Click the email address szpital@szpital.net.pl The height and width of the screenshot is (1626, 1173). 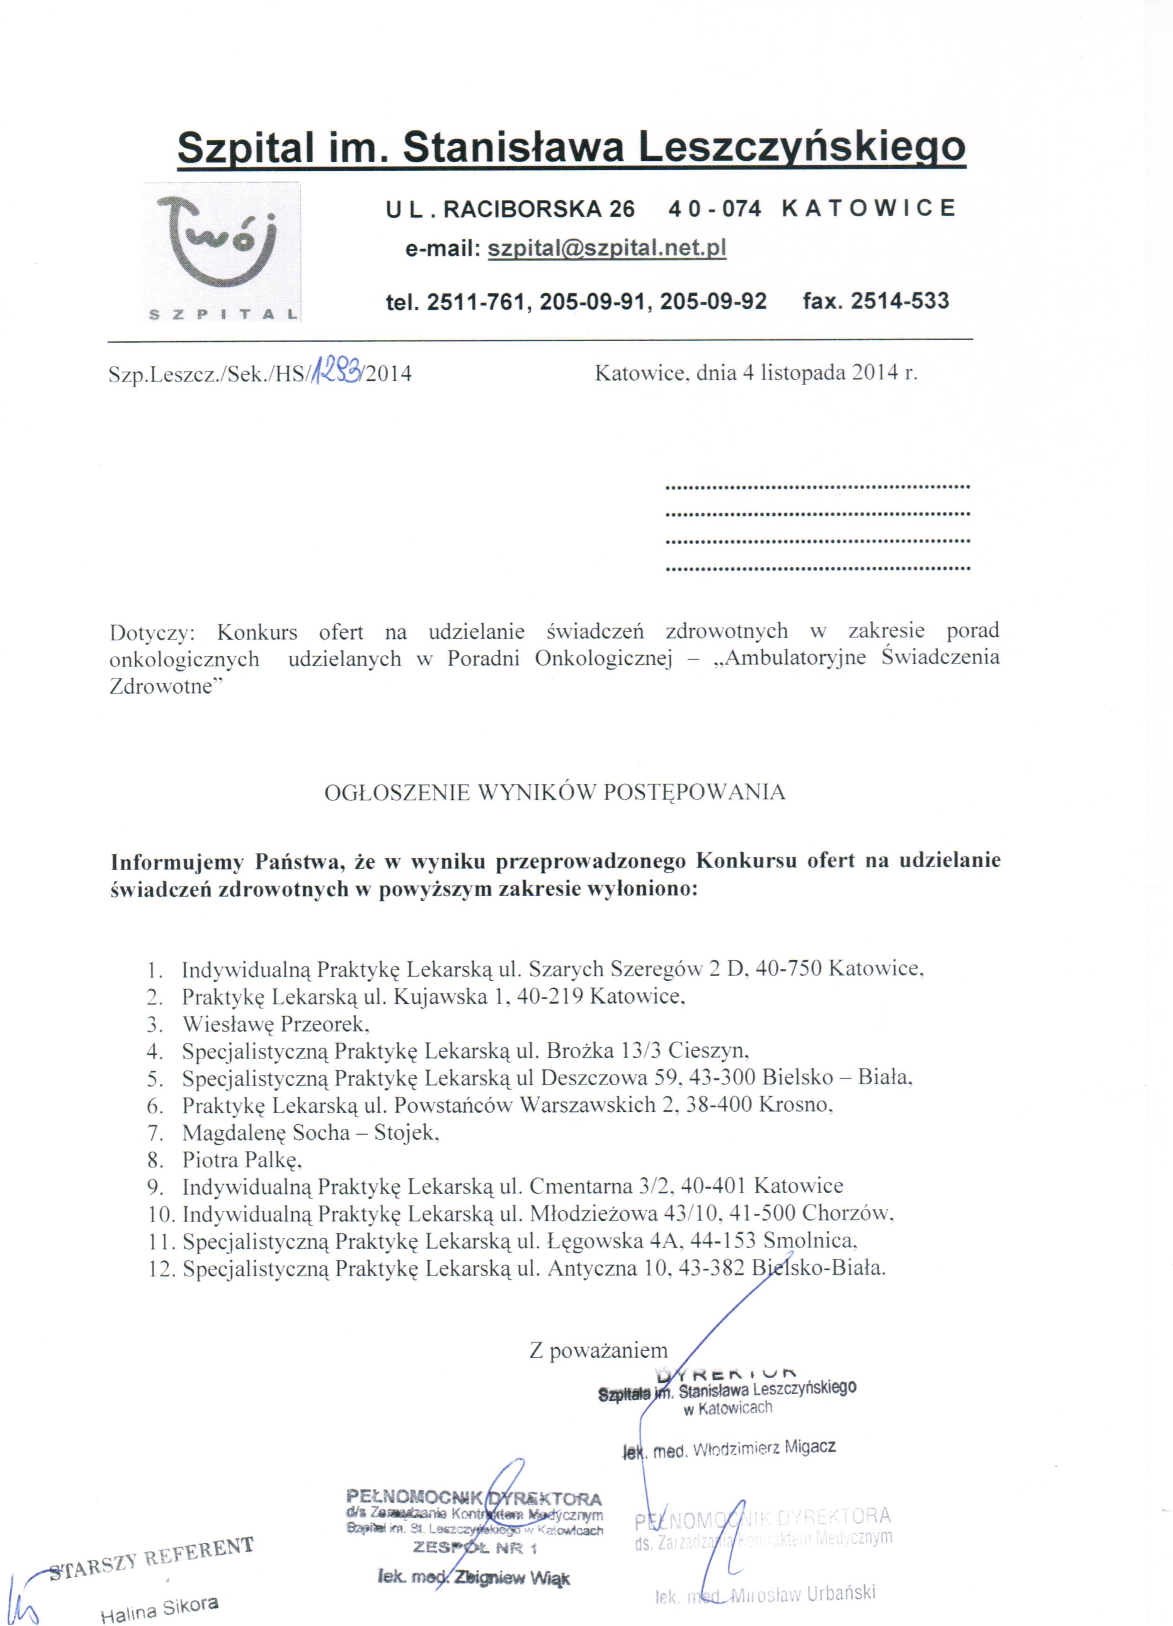[x=606, y=248]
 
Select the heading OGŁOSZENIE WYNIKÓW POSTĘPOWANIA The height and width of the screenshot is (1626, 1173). [x=555, y=792]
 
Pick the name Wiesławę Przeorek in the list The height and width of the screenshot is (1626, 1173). [x=275, y=1023]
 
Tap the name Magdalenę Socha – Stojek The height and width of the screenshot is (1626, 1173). [x=310, y=1133]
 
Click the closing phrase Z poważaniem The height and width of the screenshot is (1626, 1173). [x=598, y=1351]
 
